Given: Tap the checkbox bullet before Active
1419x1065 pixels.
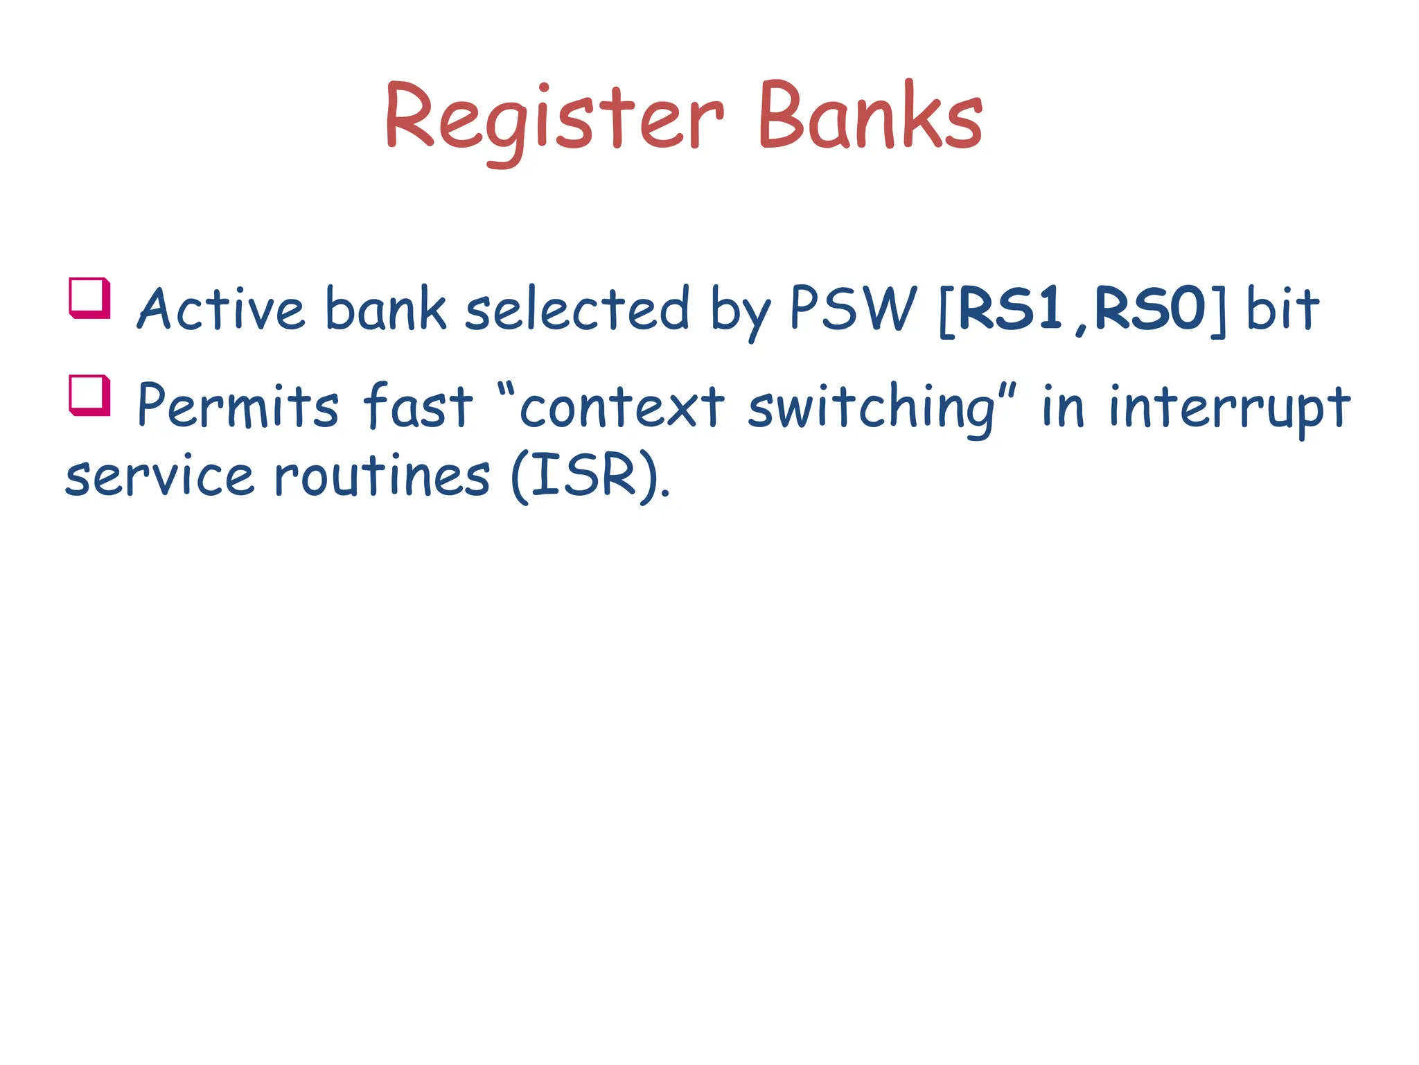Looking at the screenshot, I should tap(90, 297).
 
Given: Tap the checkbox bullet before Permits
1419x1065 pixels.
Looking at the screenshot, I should tap(90, 395).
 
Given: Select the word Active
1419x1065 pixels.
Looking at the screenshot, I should tap(220, 309).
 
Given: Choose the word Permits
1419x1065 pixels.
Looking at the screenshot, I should tap(238, 406).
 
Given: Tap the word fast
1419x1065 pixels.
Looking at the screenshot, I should tap(418, 406).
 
